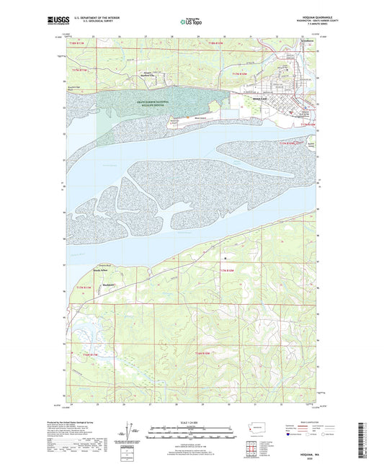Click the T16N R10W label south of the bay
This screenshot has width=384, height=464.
click(x=226, y=269)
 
